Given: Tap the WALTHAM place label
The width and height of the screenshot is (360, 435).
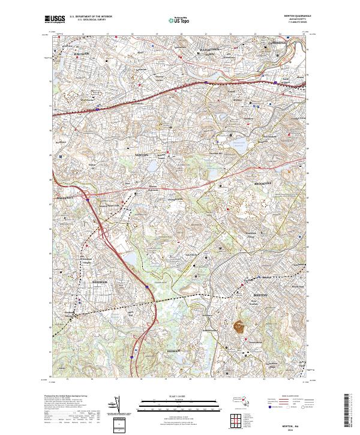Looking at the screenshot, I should [x=81, y=54].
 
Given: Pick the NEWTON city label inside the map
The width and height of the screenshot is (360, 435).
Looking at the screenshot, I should [x=141, y=155].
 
